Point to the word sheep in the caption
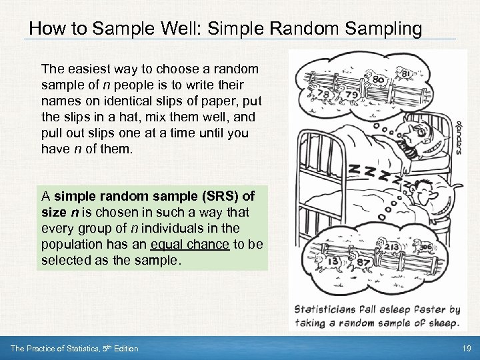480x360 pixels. (439, 323)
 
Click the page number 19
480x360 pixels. (466, 349)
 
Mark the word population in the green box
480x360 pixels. (69, 244)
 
